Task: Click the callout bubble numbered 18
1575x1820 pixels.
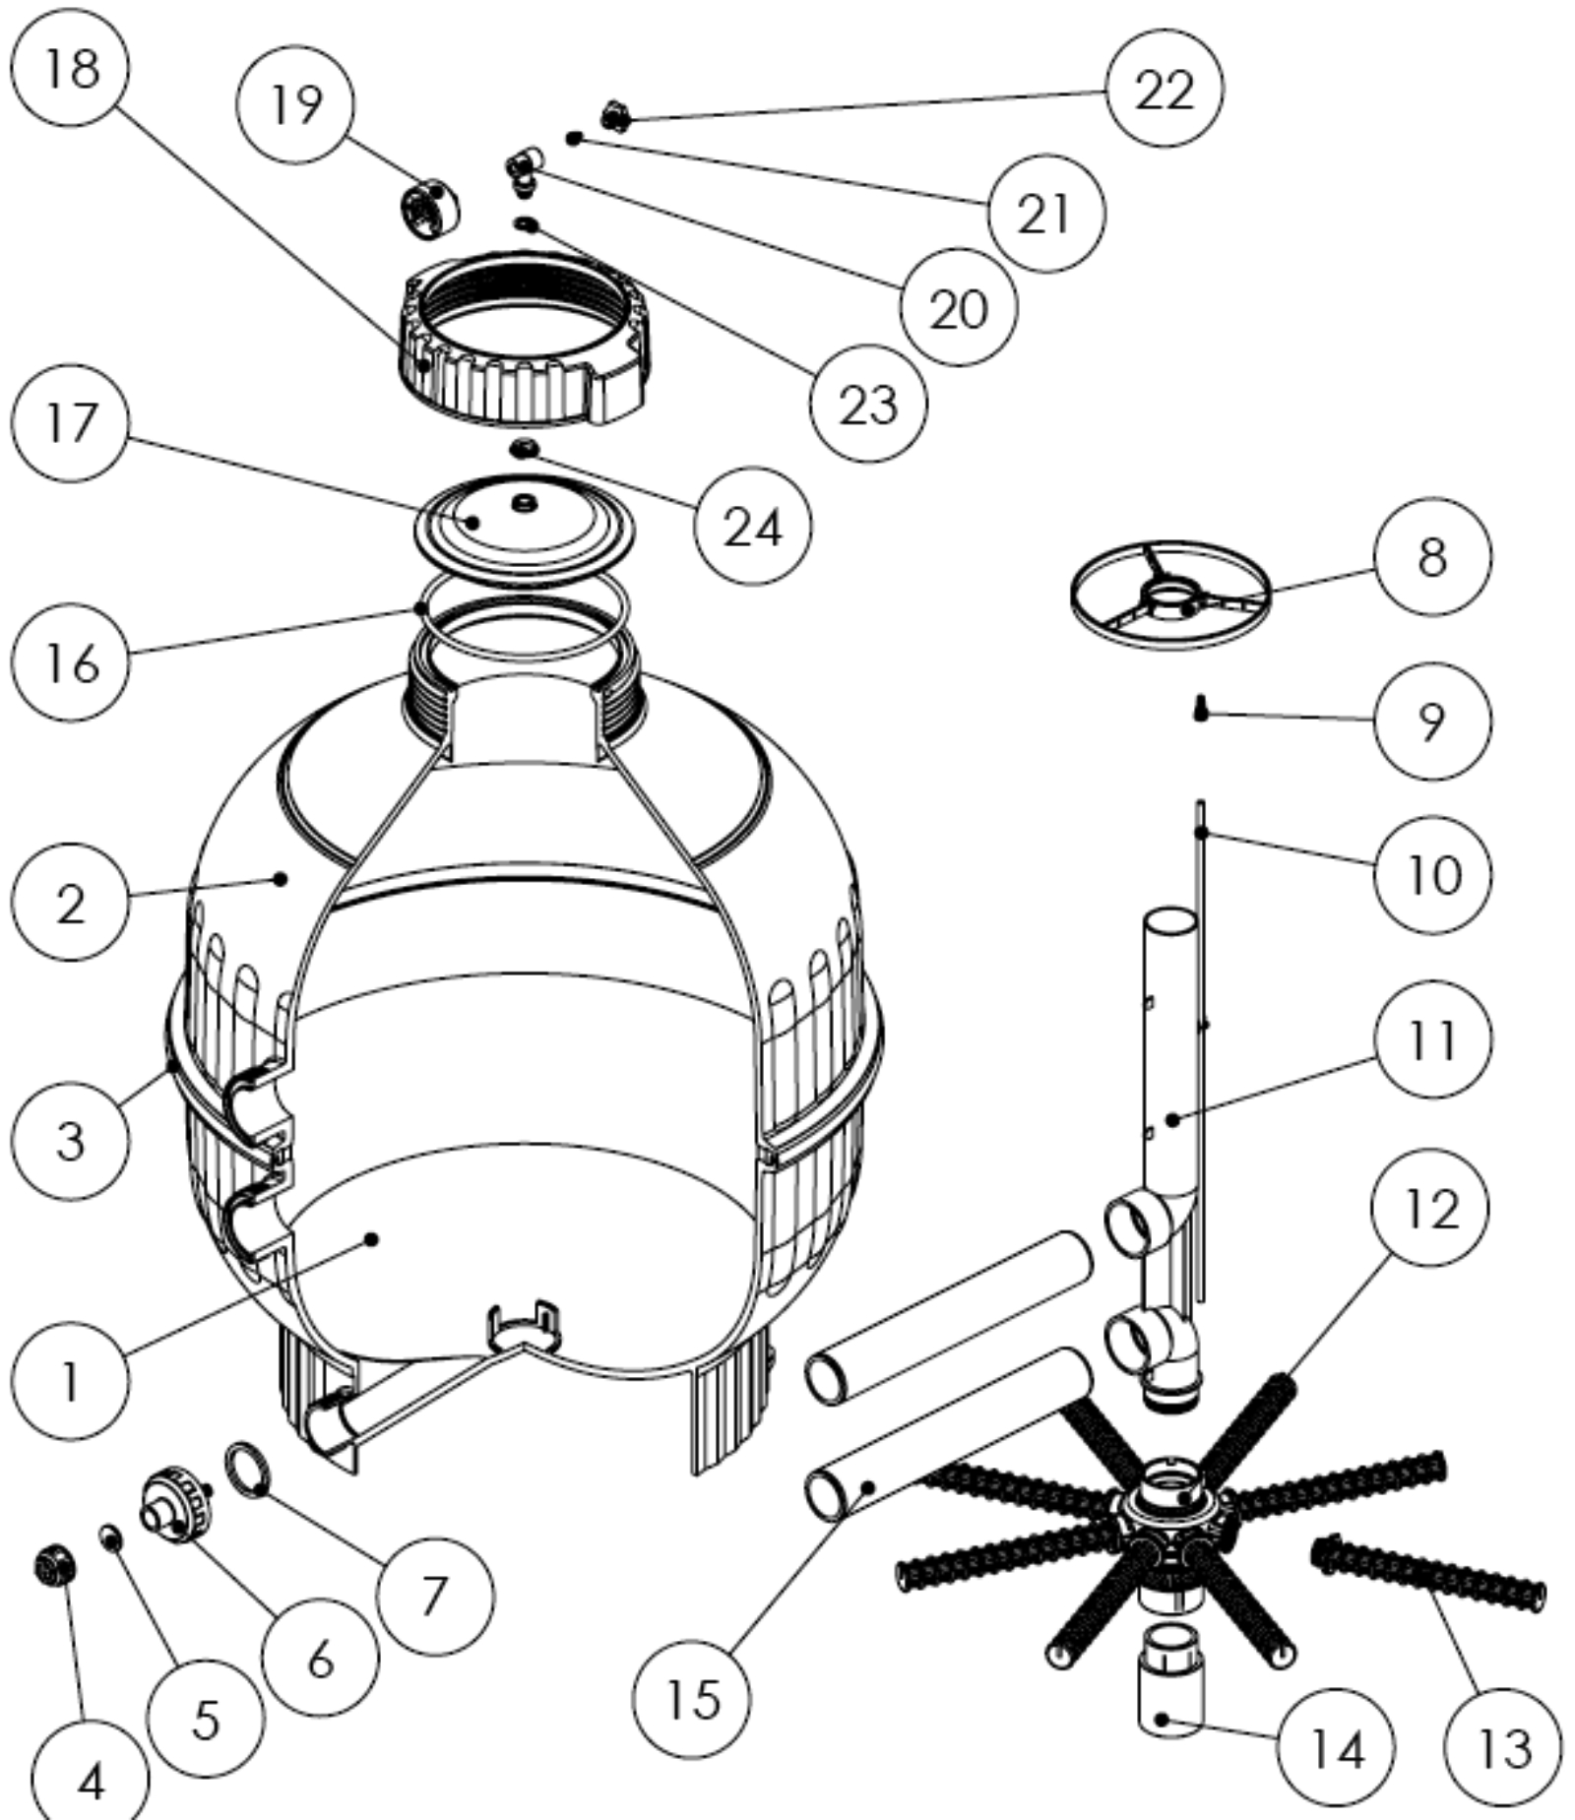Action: [71, 69]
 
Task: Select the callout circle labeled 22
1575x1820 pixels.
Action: [1165, 89]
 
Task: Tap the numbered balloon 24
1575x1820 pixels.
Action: [753, 526]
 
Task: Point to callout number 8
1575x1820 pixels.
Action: [1432, 557]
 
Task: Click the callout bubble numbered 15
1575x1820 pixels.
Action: [692, 1698]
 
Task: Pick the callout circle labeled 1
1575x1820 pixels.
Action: [71, 1381]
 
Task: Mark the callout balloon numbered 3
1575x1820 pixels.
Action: [71, 1141]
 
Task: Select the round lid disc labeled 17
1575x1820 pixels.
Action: [522, 527]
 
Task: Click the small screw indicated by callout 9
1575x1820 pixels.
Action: [1200, 708]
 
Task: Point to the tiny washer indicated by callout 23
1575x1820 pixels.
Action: [528, 225]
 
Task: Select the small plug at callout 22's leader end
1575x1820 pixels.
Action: [617, 117]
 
